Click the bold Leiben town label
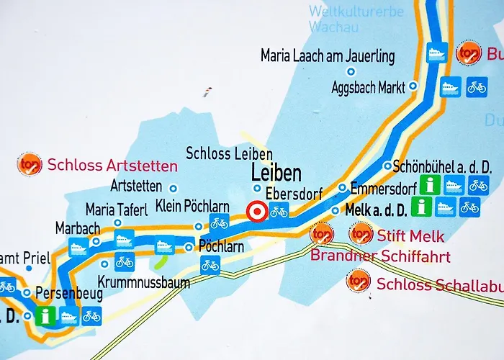(x=276, y=174)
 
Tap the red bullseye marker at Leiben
(x=256, y=212)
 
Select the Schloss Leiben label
(x=229, y=153)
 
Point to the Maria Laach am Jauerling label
(x=328, y=55)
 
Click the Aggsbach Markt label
(x=367, y=87)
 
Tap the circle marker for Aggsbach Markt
(x=413, y=86)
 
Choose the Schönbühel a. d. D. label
(x=443, y=166)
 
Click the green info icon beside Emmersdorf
(x=430, y=185)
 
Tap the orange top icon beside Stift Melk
(x=360, y=234)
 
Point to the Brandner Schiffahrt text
(x=380, y=256)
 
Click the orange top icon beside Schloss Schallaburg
(x=358, y=282)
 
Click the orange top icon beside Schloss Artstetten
(x=30, y=164)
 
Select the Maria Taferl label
(x=116, y=210)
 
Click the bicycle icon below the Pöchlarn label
(x=210, y=265)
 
